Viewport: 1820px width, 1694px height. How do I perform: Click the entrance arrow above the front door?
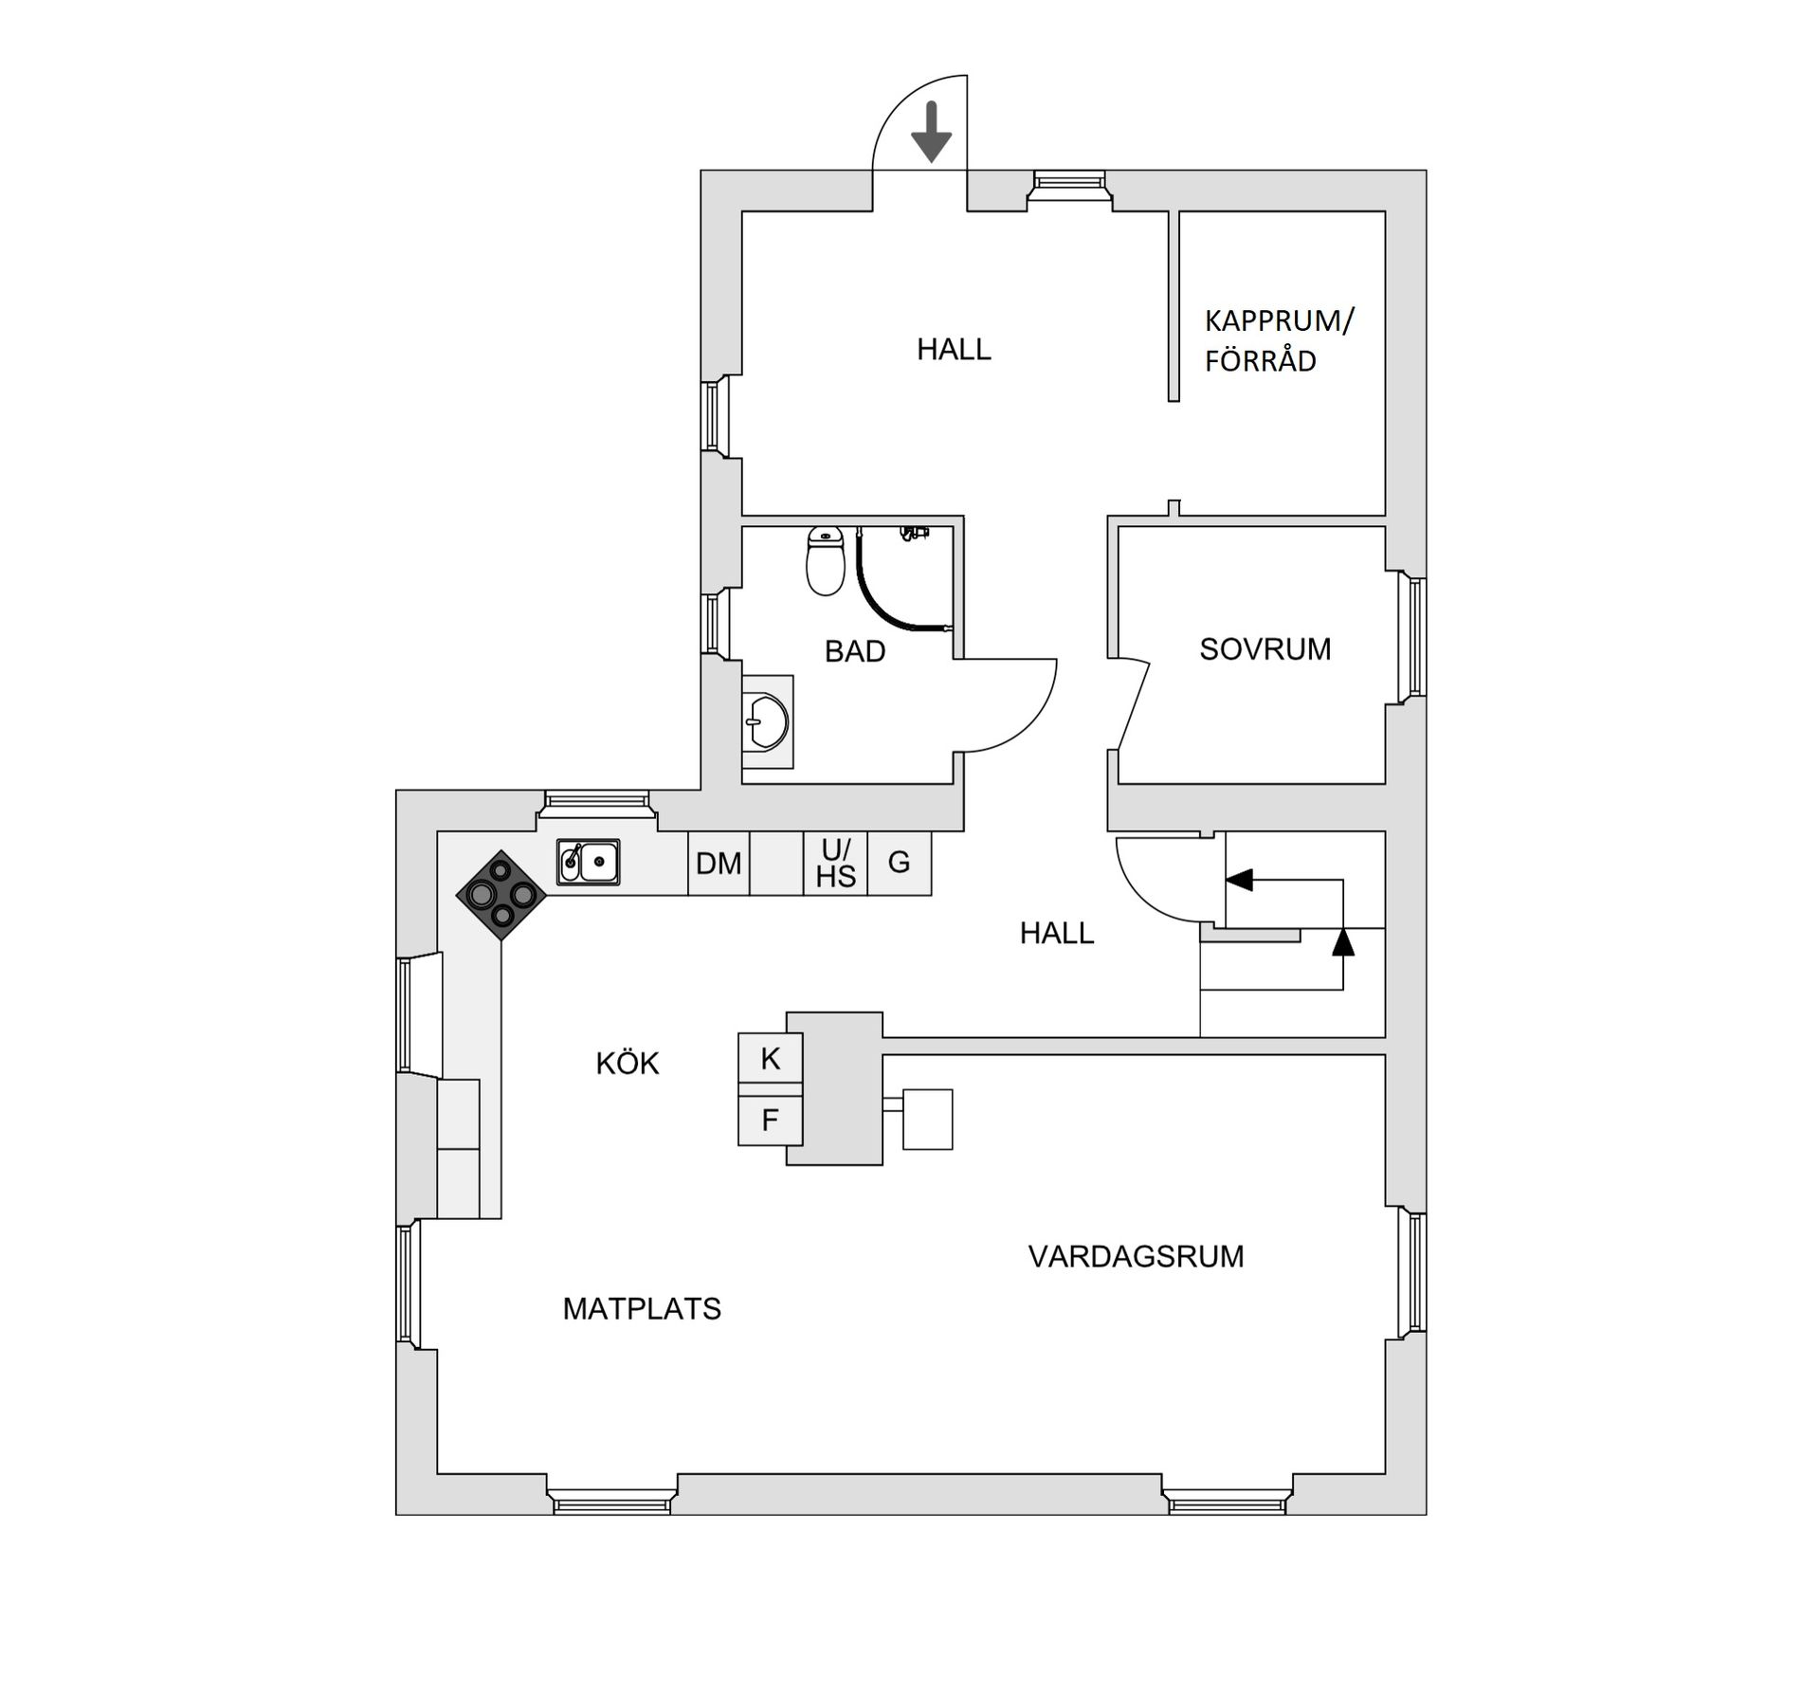pos(931,132)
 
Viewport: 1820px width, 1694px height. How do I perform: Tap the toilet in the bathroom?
pos(825,561)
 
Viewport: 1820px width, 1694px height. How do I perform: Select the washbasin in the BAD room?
pos(766,721)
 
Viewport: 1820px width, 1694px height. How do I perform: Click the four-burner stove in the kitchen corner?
pos(501,894)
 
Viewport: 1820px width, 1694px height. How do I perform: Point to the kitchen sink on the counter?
pos(588,862)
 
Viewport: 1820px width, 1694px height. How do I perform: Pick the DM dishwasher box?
pos(719,864)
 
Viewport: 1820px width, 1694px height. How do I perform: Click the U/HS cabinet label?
pos(835,864)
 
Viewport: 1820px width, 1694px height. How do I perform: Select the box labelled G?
pos(899,863)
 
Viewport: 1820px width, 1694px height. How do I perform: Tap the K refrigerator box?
pos(771,1059)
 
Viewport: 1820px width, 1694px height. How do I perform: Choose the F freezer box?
pos(771,1120)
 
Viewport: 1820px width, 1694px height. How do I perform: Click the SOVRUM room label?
pos(1265,649)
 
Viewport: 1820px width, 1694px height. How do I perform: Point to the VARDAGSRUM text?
pos(1136,1257)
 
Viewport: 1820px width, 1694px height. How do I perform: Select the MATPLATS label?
pos(642,1309)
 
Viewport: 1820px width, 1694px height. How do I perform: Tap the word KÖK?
pos(627,1064)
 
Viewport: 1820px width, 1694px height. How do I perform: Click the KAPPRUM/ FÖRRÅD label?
pos(1279,340)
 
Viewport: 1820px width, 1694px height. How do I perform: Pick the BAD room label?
pos(854,651)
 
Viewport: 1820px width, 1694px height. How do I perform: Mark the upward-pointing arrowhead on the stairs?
pos(1342,942)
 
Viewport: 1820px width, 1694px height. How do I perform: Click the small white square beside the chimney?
pos(927,1120)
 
